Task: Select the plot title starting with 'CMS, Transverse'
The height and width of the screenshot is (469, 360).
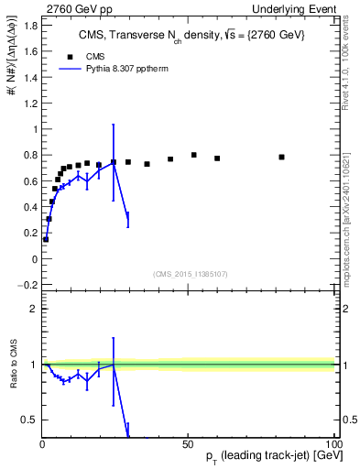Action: (191, 35)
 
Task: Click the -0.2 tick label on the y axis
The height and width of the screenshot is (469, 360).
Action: (27, 285)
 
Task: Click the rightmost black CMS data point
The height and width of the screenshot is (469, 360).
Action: (281, 157)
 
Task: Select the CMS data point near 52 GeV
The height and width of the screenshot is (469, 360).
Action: (194, 155)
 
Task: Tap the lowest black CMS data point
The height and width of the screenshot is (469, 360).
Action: (46, 239)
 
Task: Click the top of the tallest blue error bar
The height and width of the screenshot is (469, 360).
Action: (114, 125)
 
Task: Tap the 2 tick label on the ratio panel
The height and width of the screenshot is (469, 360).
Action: (35, 309)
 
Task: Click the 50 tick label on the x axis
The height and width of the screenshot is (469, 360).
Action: (187, 442)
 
